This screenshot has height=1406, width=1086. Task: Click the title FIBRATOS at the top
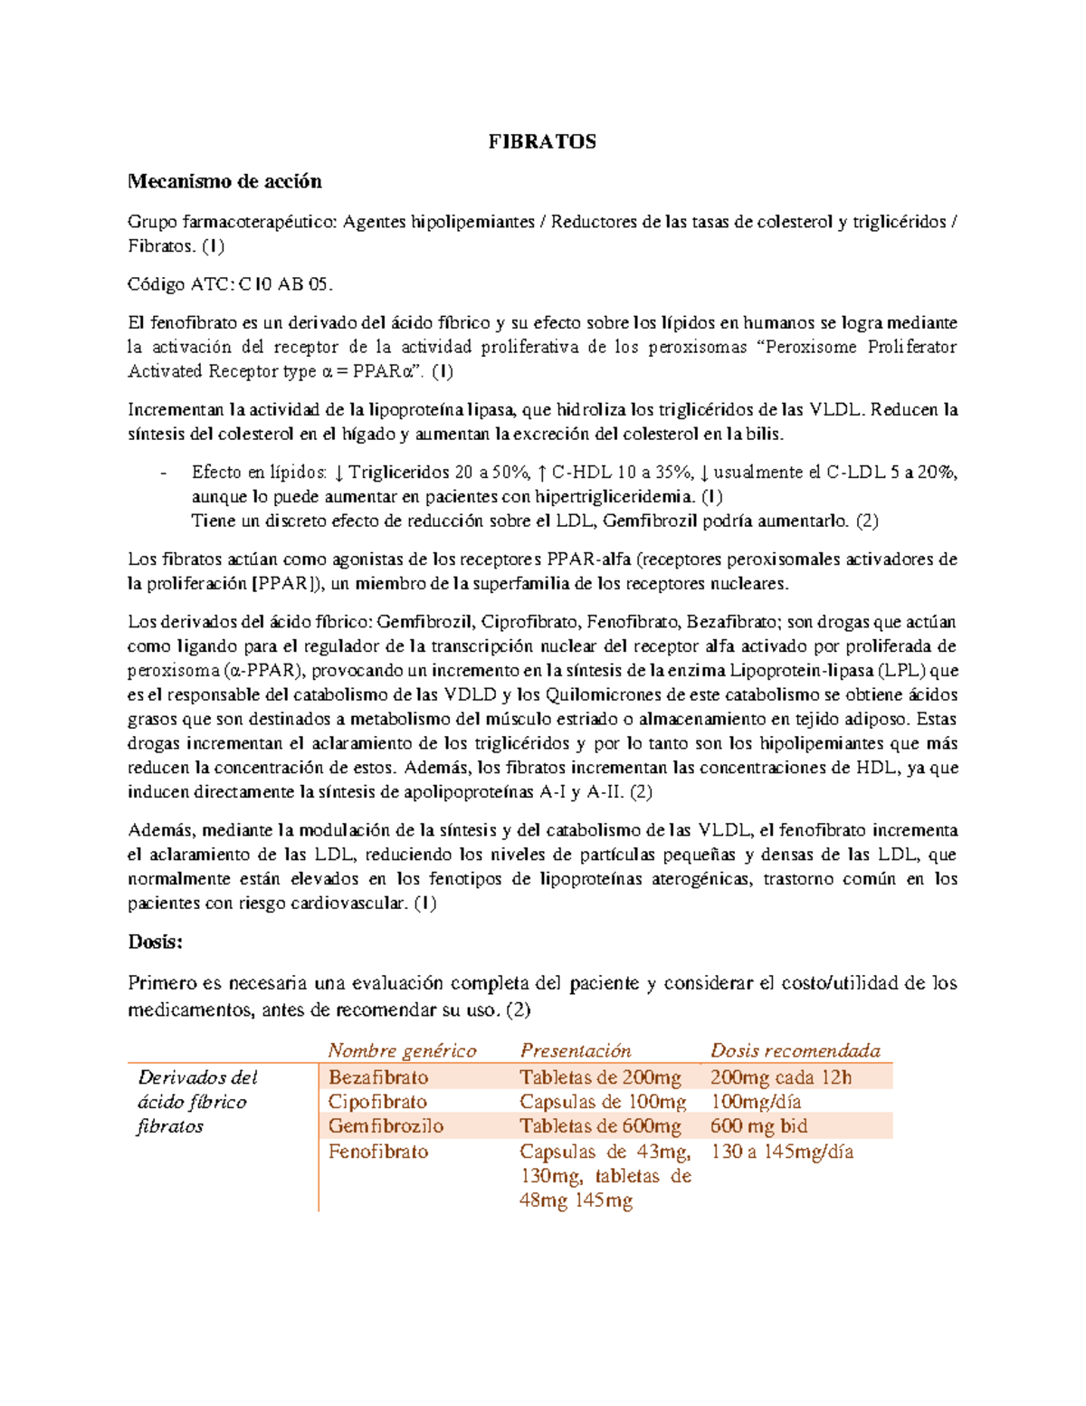[x=542, y=141]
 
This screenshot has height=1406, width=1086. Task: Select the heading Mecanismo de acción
[x=224, y=181]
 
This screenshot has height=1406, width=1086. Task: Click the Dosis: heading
[x=155, y=942]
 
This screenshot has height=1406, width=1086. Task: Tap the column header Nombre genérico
[x=402, y=1050]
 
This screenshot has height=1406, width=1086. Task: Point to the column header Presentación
[x=576, y=1050]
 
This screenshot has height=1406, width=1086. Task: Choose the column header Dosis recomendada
[x=795, y=1050]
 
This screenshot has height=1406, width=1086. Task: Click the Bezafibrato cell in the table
[x=378, y=1076]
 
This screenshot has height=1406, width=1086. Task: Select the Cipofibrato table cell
[x=377, y=1102]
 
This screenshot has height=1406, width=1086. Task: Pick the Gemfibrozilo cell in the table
[x=386, y=1126]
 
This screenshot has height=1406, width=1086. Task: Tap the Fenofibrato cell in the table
[x=378, y=1152]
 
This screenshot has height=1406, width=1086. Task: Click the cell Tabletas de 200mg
[x=600, y=1076]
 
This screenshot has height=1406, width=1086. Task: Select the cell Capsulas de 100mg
[x=603, y=1102]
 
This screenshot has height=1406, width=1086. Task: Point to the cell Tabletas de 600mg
[x=600, y=1126]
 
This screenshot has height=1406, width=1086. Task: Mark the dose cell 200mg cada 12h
[x=781, y=1076]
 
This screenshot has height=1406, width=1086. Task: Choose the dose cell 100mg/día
[x=756, y=1102]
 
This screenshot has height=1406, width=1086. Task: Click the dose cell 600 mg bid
[x=758, y=1126]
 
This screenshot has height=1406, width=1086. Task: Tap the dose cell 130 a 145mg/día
[x=782, y=1152]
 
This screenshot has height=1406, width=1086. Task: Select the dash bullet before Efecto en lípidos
[x=163, y=473]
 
